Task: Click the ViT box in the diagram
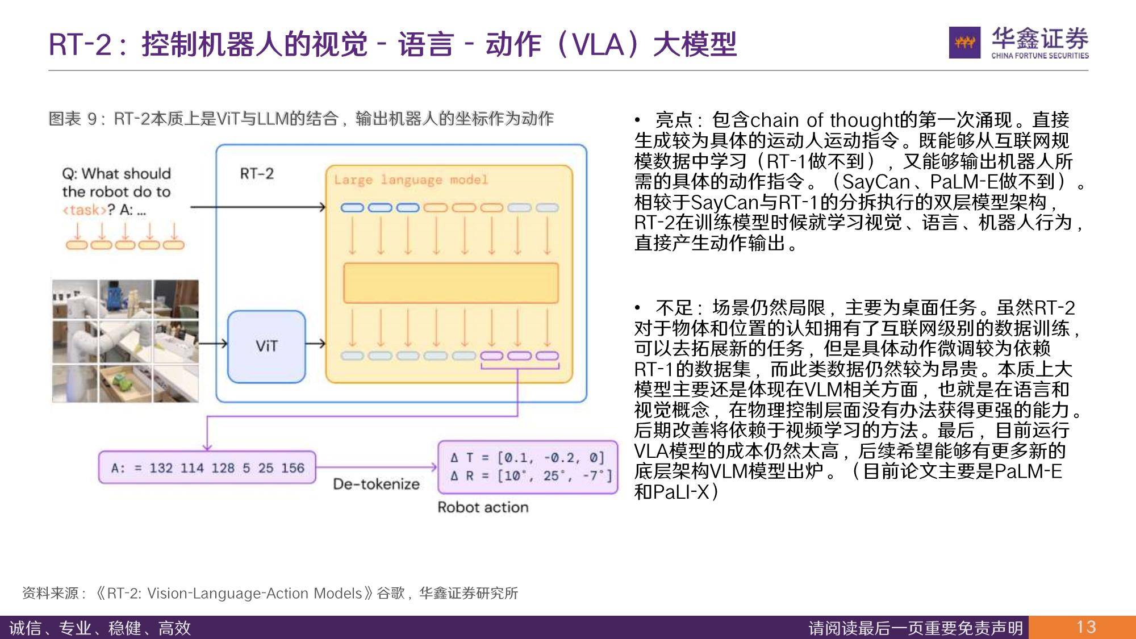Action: coord(266,346)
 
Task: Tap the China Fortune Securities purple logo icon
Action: coord(964,42)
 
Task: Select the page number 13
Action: coord(1086,627)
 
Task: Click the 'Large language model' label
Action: coord(411,180)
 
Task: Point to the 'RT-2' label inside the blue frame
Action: coord(257,173)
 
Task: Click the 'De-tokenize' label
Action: coord(376,484)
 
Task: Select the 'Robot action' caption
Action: coord(483,507)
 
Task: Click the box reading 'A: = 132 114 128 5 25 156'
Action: coord(207,467)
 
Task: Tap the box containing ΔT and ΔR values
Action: coord(528,467)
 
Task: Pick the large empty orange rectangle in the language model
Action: coord(451,283)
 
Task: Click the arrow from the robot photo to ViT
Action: coord(213,343)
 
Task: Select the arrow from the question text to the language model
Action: coord(258,207)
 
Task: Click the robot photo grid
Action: coord(126,341)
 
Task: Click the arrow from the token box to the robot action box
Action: coord(377,467)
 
